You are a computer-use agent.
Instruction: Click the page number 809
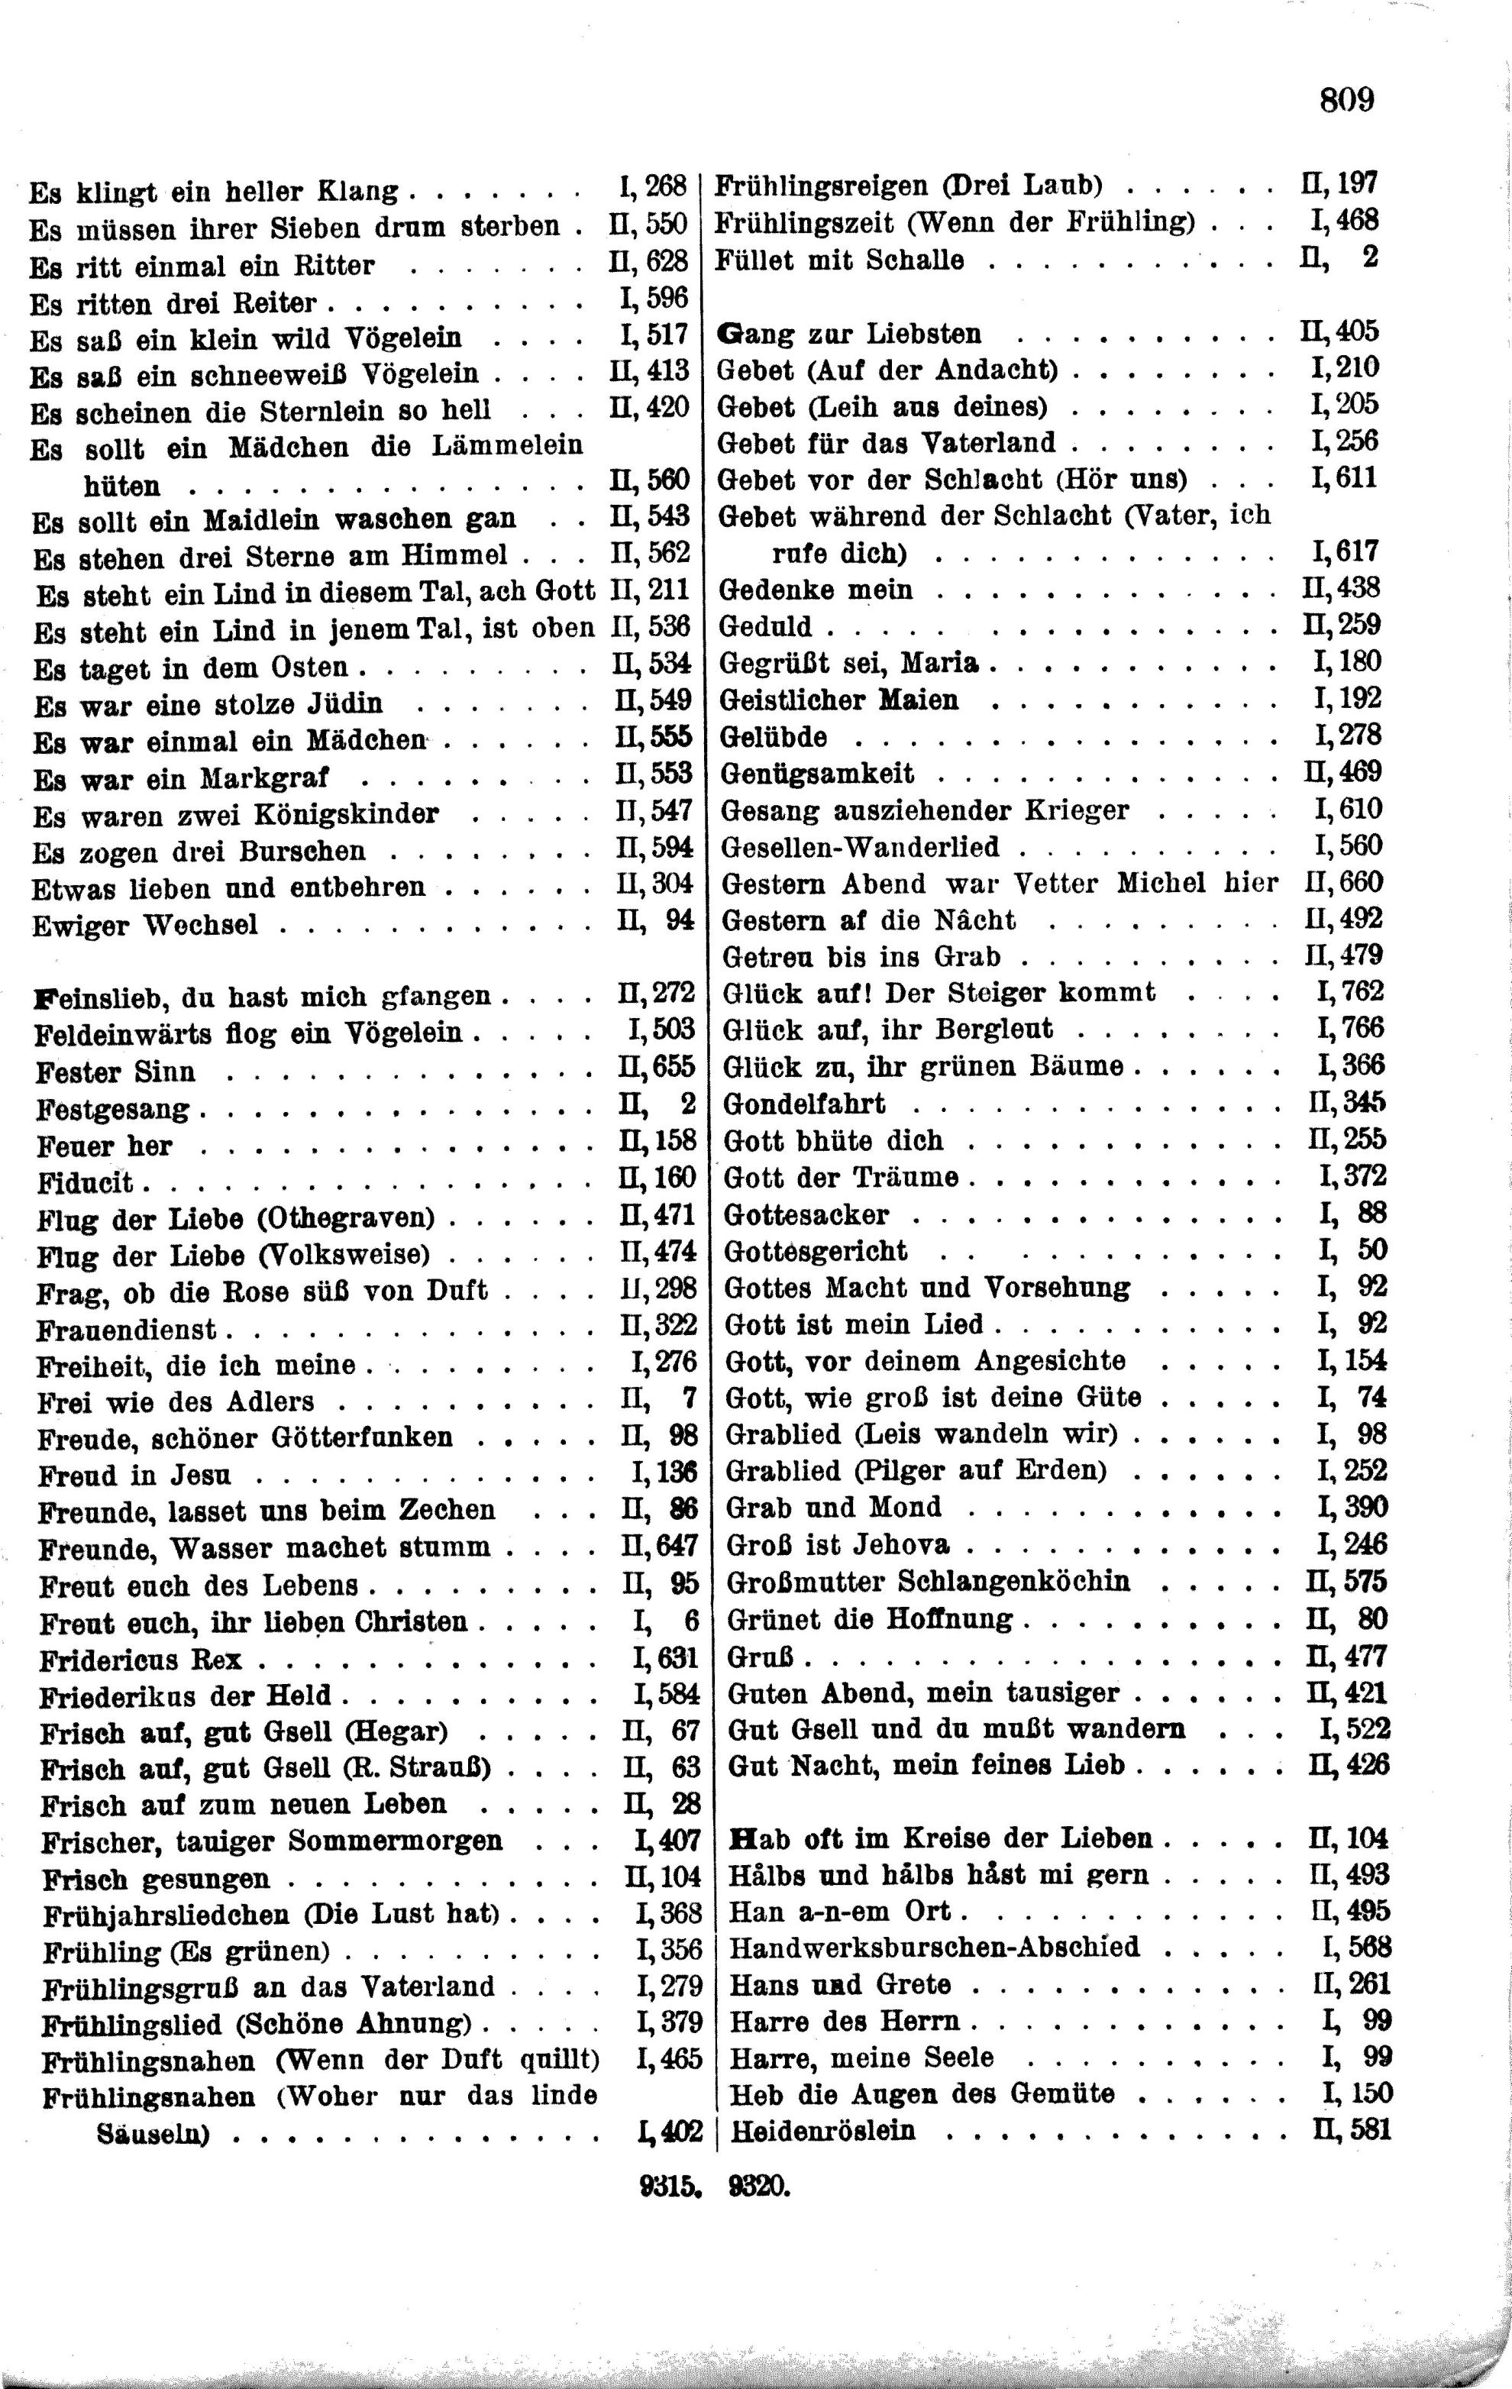1346,100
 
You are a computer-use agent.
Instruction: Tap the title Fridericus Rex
140,1660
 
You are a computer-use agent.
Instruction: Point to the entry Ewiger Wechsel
145,926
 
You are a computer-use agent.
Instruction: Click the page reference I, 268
653,186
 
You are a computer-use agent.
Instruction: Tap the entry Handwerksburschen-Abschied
934,1947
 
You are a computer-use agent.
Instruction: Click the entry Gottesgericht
816,1251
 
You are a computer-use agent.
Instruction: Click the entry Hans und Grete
839,1984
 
